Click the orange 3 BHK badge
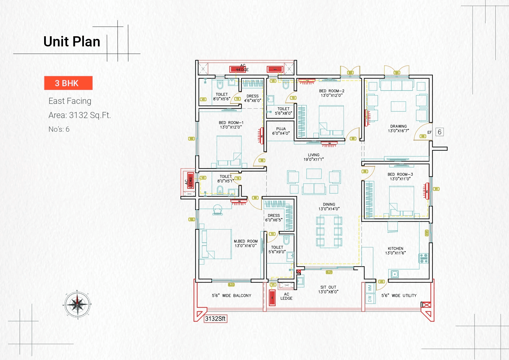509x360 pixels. tap(68, 83)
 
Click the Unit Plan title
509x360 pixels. tap(72, 41)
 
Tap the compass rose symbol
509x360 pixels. tap(77, 305)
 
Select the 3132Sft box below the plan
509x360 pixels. tap(215, 319)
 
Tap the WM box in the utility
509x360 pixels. tap(370, 288)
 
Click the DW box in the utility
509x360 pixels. tap(370, 299)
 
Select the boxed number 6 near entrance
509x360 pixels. tap(439, 132)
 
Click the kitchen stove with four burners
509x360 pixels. tap(424, 258)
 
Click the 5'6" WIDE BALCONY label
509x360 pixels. tap(231, 296)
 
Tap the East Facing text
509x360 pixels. tap(70, 101)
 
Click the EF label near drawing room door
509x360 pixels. tap(429, 132)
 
